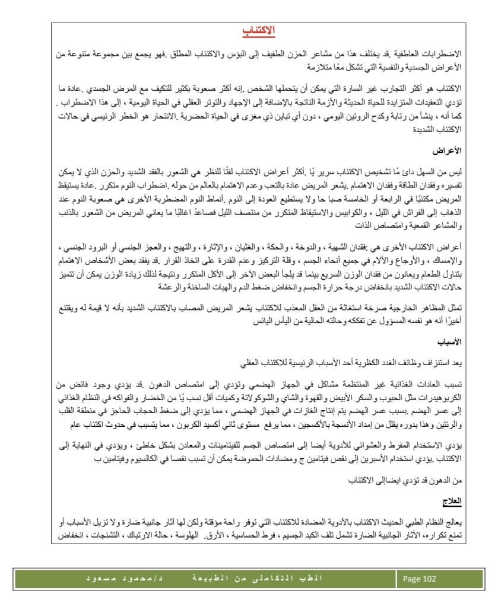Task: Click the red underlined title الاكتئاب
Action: [261, 30]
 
